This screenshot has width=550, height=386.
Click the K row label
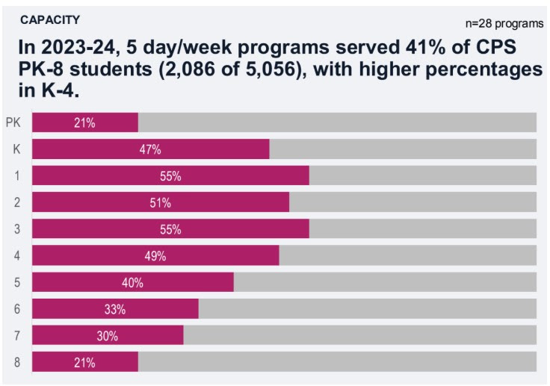16,149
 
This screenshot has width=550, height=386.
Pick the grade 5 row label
16,282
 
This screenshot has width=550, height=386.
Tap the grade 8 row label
16,362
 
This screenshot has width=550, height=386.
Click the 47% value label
150,149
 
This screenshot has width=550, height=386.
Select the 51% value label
161,202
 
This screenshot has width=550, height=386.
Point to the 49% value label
155,256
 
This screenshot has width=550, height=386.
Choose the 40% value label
132,282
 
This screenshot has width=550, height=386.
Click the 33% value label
115,309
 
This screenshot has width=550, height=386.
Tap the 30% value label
108,336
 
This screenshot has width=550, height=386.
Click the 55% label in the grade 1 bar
170,176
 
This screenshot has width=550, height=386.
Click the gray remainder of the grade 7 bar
359,336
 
